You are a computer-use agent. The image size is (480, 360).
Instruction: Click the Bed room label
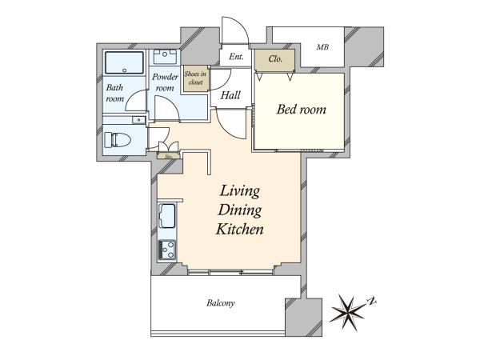point(302,110)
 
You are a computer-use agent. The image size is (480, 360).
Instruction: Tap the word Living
point(240,191)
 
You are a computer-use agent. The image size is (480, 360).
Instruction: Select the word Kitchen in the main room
point(240,230)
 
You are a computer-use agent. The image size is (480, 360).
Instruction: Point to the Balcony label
point(221,303)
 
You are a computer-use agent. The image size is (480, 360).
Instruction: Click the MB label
point(322,47)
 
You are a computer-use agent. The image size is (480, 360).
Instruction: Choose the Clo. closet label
point(275,58)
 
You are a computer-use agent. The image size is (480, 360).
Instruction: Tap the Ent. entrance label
point(236,57)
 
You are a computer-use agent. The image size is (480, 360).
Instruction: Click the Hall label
point(230,95)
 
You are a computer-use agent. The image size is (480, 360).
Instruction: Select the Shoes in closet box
point(196,78)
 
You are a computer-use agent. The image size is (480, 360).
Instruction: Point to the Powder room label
point(165,82)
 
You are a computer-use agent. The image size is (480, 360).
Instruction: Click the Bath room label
point(114,93)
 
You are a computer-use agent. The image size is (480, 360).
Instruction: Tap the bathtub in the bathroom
point(124,62)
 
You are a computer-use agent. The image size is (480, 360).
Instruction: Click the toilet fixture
point(118,139)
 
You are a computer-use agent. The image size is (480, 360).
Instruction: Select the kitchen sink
point(167,216)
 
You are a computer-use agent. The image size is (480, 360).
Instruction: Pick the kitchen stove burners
point(167,250)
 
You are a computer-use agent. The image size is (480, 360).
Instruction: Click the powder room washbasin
point(165,56)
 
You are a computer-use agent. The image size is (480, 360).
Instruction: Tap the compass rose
point(349,312)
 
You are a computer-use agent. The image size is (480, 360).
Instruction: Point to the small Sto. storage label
point(168,156)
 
